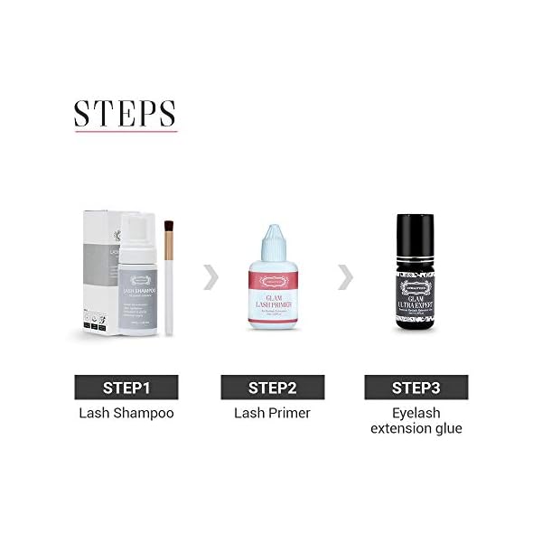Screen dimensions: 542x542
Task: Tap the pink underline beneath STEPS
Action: tap(125, 133)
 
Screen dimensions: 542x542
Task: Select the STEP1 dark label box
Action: tap(125, 388)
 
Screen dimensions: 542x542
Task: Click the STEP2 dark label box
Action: tap(272, 388)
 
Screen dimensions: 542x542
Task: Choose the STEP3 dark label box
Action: tap(415, 388)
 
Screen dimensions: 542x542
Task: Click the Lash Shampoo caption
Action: tap(125, 413)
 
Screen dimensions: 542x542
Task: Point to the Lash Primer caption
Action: tap(272, 413)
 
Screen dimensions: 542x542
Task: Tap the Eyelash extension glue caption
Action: tap(416, 421)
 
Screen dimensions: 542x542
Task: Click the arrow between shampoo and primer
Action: tap(211, 277)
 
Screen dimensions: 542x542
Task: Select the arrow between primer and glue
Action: tap(345, 277)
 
